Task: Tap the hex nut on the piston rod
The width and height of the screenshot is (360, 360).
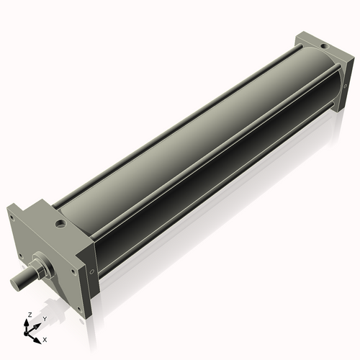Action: pos(42,266)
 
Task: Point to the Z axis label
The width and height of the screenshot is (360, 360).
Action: pos(28,315)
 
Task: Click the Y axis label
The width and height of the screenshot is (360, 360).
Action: pos(44,319)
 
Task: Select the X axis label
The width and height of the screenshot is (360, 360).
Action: pos(45,338)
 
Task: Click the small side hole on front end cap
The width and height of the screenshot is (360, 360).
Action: pos(91,271)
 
